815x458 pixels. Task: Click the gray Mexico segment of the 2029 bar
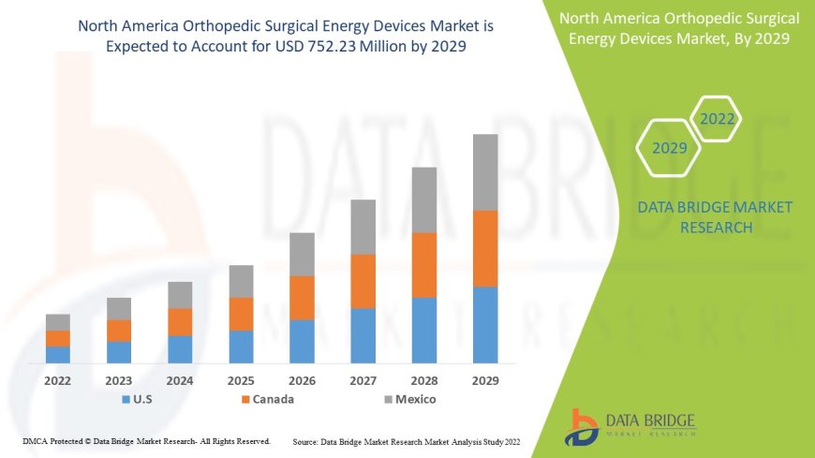[x=485, y=172]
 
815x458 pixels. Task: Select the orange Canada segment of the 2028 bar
[x=424, y=265]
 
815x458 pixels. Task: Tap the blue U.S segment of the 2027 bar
[x=363, y=335]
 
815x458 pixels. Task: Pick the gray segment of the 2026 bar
[x=302, y=254]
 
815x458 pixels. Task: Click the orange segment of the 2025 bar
[x=241, y=314]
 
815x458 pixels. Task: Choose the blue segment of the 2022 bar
[x=58, y=354]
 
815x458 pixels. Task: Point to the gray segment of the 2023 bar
[x=119, y=308]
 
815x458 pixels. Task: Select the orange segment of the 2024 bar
[x=180, y=321]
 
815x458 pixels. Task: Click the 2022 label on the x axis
[x=58, y=381]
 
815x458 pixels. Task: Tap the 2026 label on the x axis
[x=302, y=381]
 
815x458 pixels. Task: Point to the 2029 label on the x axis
[x=485, y=381]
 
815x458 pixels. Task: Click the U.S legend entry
[x=138, y=400]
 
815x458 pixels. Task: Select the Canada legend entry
[x=267, y=400]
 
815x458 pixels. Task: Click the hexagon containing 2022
[x=716, y=119]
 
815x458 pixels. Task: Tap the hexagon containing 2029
[x=669, y=148]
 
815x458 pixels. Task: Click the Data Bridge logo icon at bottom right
[x=583, y=426]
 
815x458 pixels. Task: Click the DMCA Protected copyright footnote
[x=146, y=440]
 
